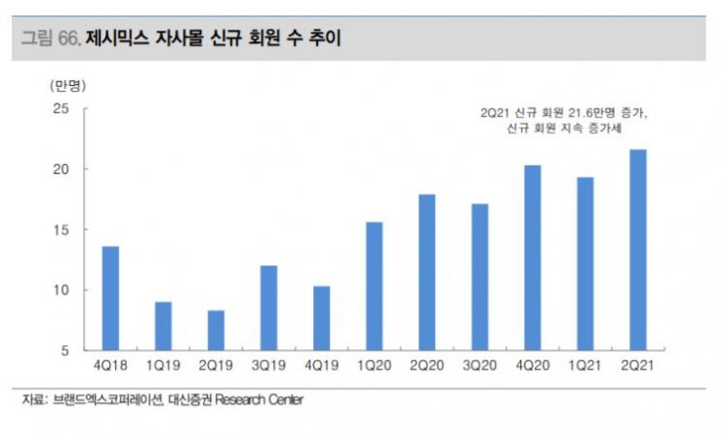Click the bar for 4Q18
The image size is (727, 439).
[x=110, y=298]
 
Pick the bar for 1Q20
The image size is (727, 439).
[x=374, y=286]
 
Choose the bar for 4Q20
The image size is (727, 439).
[x=532, y=258]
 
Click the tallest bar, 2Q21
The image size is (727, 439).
[x=637, y=250]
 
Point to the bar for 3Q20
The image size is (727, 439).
[x=479, y=277]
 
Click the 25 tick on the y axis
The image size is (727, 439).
[x=61, y=108]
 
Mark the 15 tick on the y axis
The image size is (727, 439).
[x=61, y=229]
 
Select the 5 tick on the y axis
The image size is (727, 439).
[x=65, y=350]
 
